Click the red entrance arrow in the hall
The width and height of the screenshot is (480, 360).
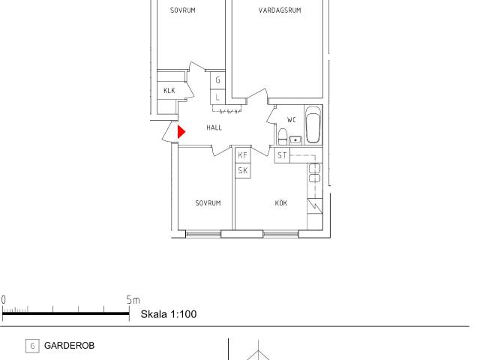pyautogui.click(x=181, y=132)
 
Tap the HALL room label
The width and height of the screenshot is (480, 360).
pyautogui.click(x=214, y=127)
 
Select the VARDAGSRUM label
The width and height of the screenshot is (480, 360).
pyautogui.click(x=280, y=10)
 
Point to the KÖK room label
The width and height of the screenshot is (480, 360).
pyautogui.click(x=281, y=202)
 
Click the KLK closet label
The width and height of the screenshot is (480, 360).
pyautogui.click(x=169, y=90)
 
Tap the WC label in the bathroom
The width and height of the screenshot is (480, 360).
pyautogui.click(x=292, y=120)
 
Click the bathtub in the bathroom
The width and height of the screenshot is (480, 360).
pyautogui.click(x=313, y=124)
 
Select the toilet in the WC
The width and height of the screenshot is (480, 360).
pyautogui.click(x=282, y=136)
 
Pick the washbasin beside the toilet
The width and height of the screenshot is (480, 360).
pyautogui.click(x=295, y=140)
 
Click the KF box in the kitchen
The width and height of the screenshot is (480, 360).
pyautogui.click(x=243, y=155)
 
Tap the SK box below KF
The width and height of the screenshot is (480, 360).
pyautogui.click(x=243, y=170)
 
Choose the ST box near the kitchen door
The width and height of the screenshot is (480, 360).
pyautogui.click(x=282, y=155)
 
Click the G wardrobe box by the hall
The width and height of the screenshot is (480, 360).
pyautogui.click(x=217, y=80)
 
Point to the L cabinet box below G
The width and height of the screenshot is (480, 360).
pyautogui.click(x=217, y=97)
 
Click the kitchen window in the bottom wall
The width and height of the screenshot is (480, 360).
pyautogui.click(x=280, y=234)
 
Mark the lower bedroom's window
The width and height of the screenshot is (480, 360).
pyautogui.click(x=203, y=234)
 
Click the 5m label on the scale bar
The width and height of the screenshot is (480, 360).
pyautogui.click(x=133, y=300)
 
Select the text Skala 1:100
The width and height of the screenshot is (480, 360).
pyautogui.click(x=169, y=314)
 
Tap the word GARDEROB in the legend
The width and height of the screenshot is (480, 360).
pyautogui.click(x=70, y=346)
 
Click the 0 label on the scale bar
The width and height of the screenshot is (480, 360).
pyautogui.click(x=3, y=300)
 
